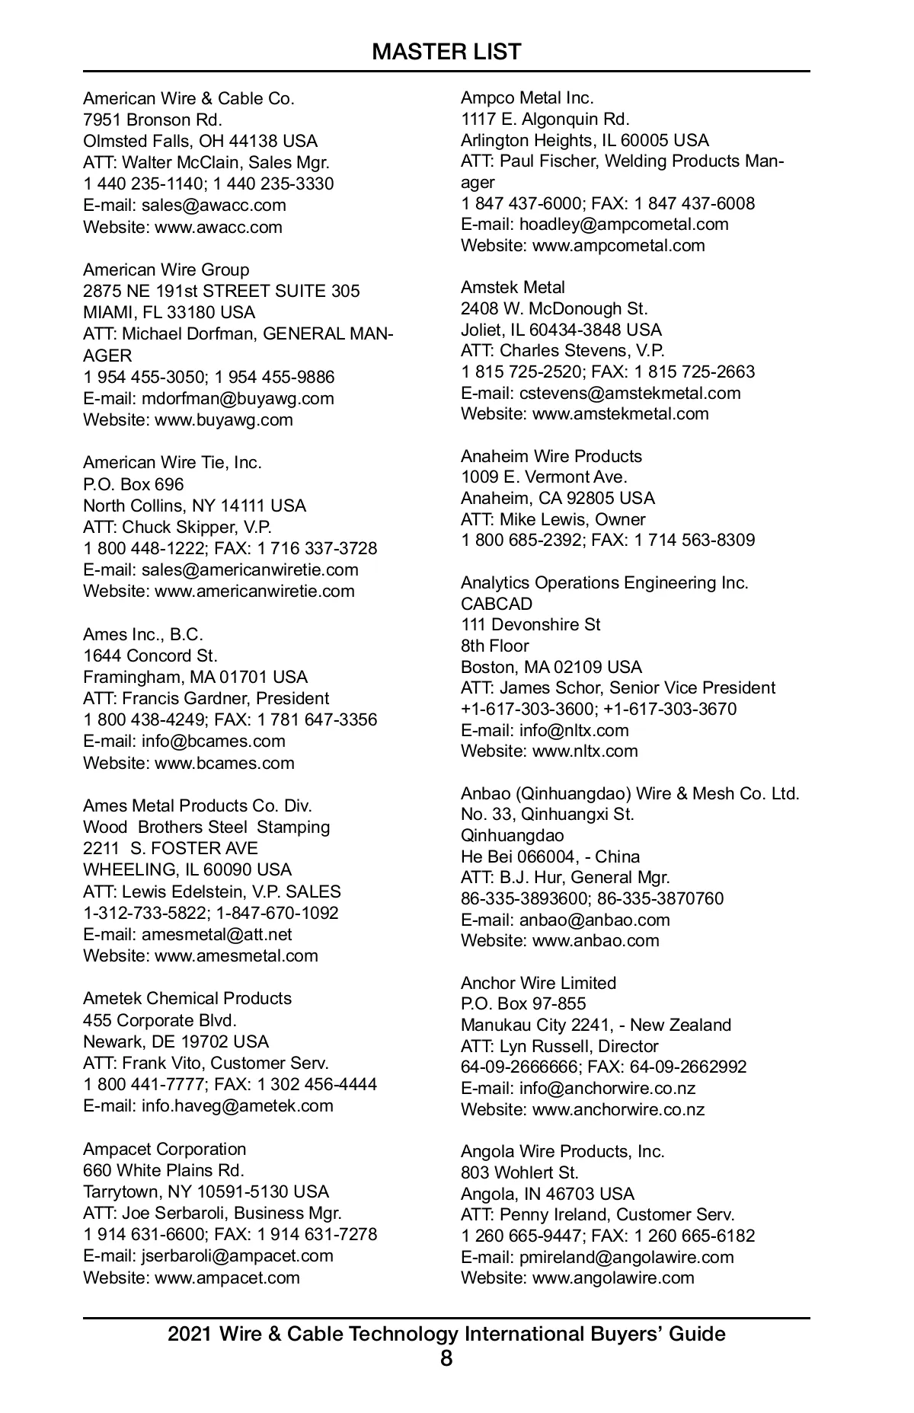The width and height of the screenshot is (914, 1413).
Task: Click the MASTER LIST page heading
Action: click(446, 52)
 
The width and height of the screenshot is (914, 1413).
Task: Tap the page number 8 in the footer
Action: click(446, 1357)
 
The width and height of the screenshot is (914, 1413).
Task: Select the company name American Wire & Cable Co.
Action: click(188, 98)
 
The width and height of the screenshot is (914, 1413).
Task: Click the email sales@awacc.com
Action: click(214, 205)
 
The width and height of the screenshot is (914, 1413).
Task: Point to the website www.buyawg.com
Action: click(224, 419)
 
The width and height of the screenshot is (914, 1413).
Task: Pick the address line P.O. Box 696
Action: click(133, 484)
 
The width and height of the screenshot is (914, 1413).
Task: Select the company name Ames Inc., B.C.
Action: click(143, 634)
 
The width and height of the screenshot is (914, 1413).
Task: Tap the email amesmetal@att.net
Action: click(216, 934)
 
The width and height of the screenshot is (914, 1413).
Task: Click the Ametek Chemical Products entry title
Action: click(187, 998)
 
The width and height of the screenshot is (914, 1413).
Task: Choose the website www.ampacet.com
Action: click(227, 1277)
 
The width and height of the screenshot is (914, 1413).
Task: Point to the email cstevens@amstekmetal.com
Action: click(630, 393)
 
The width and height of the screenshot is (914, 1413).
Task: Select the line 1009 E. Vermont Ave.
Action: click(544, 477)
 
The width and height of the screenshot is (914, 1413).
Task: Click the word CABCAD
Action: click(497, 604)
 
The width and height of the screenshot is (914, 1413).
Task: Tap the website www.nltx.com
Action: click(585, 751)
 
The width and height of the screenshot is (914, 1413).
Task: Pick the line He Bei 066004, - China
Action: click(550, 856)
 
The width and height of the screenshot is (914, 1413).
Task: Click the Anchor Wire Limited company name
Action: click(538, 983)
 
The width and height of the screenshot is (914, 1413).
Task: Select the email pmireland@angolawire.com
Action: click(626, 1257)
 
